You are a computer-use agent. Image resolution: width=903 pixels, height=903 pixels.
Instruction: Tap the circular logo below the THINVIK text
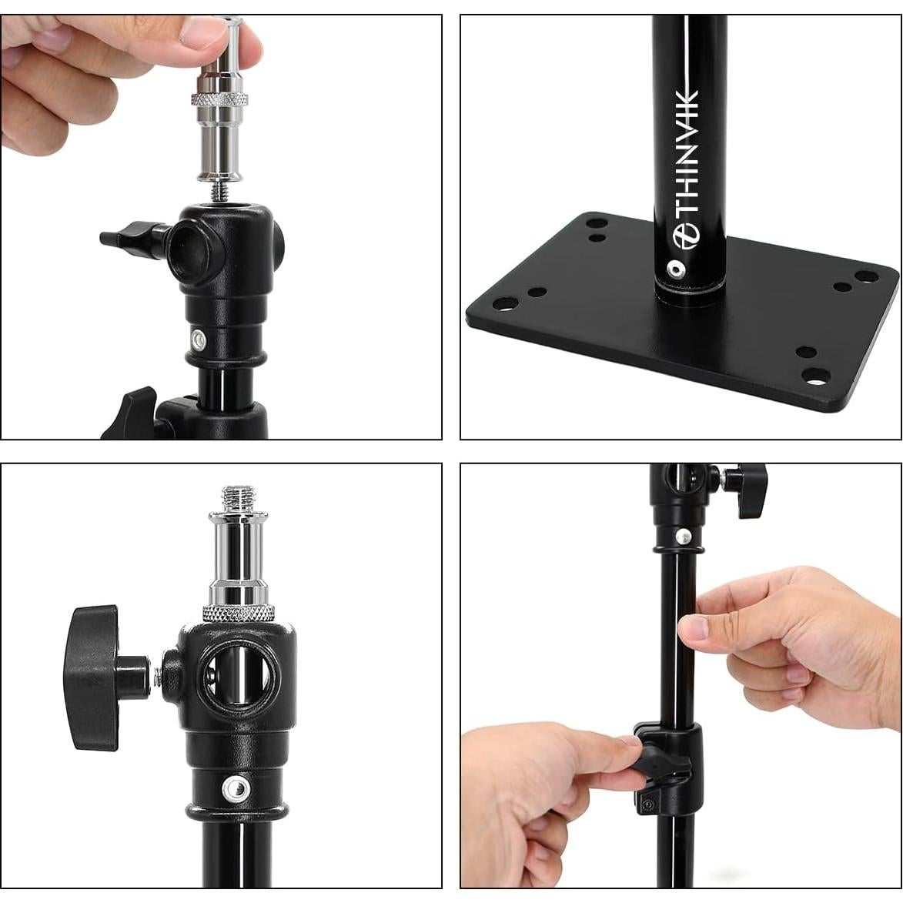(685, 236)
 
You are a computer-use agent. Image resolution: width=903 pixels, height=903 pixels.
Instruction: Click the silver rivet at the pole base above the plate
(676, 269)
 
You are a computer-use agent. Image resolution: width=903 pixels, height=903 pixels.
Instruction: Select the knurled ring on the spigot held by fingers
(221, 99)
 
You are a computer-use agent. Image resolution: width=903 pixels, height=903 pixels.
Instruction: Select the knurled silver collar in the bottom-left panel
(239, 613)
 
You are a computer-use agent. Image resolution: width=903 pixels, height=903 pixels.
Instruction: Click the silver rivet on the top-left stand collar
(199, 339)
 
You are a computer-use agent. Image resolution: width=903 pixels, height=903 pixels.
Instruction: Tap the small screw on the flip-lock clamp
(647, 804)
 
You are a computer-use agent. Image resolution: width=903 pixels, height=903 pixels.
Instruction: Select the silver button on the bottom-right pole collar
(681, 536)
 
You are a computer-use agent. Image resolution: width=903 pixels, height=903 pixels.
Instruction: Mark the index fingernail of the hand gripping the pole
(694, 627)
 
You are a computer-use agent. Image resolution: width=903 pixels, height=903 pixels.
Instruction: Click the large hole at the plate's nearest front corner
(814, 377)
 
